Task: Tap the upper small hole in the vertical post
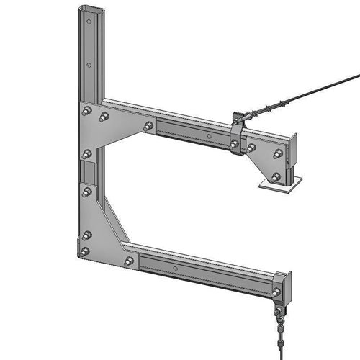tap(89, 64)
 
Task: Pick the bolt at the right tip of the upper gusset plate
tap(148, 126)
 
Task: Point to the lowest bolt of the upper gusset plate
tap(87, 153)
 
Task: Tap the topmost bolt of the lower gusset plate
tap(87, 192)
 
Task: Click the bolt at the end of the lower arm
tap(276, 292)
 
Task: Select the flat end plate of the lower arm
tap(287, 285)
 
